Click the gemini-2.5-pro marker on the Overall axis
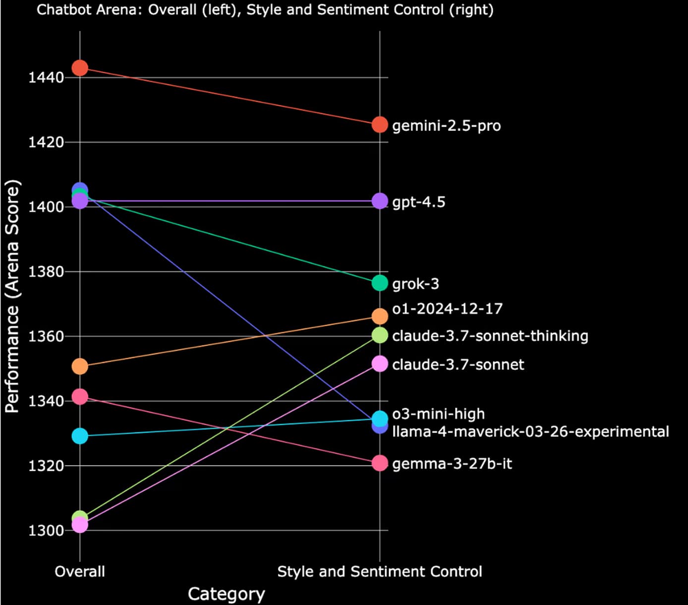coord(80,68)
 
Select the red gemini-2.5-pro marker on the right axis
coord(380,125)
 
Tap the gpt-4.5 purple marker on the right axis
coord(380,201)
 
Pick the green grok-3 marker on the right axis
coord(380,283)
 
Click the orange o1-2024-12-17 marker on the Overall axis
coord(80,366)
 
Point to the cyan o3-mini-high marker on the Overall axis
coord(80,436)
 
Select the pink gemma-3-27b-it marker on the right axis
coord(380,463)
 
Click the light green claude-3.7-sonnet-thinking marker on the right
coord(380,335)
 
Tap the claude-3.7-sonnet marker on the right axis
coord(380,364)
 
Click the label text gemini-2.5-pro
coord(446,126)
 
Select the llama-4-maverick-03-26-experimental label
coord(530,432)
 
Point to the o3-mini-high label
coord(438,414)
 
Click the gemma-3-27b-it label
coord(452,463)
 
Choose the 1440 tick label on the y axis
coord(46,78)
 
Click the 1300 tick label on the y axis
coord(46,530)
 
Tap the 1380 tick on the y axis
coord(46,272)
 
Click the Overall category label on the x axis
coord(80,571)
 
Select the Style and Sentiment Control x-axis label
coord(380,572)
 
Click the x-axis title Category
coord(226,594)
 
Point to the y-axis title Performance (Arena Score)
coord(12,296)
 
